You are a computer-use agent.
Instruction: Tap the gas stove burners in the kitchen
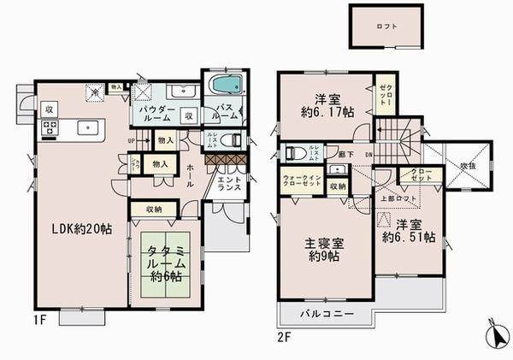[x=49, y=129]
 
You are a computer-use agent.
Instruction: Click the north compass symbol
[x=495, y=336]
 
